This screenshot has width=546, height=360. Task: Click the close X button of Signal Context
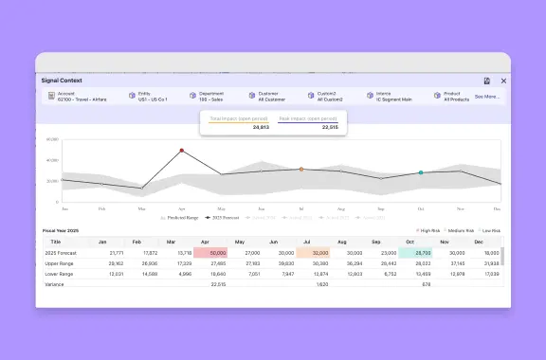point(503,81)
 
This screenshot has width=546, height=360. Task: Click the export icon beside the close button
point(486,81)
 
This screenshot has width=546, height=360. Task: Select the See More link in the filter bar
point(487,97)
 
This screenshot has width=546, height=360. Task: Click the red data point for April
point(181,150)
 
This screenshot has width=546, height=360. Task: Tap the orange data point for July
point(301,170)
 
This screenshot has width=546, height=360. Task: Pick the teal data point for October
point(421,172)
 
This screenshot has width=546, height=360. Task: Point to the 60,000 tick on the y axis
point(53,139)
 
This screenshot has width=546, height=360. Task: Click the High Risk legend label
point(432,230)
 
